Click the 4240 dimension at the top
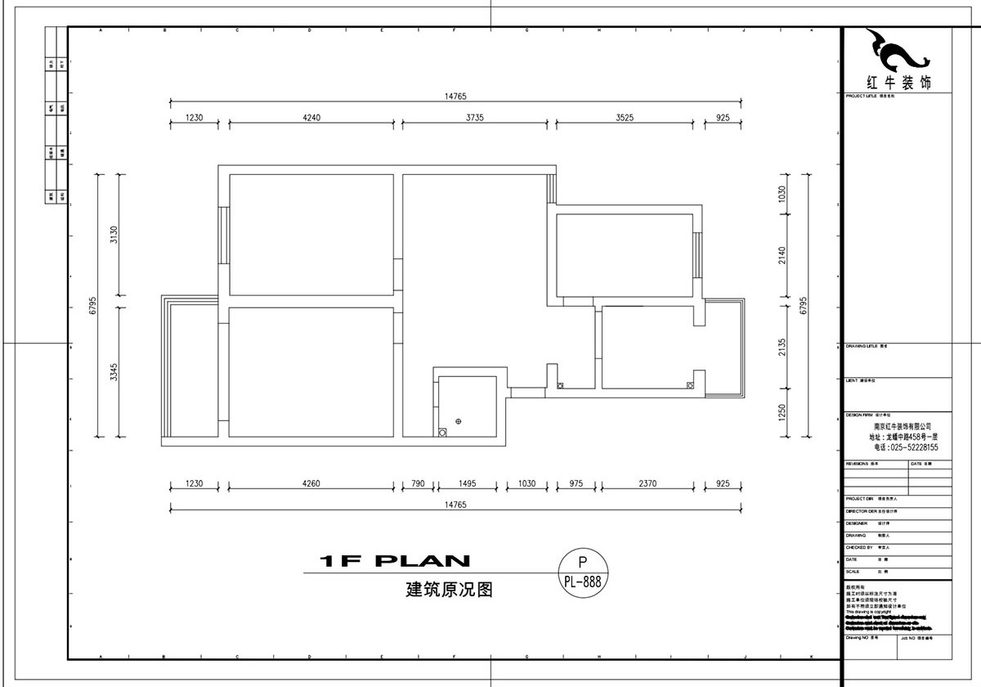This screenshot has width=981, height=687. [311, 117]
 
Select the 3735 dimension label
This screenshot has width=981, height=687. [475, 117]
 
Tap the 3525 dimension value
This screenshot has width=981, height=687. [625, 117]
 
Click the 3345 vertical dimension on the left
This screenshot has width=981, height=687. [115, 372]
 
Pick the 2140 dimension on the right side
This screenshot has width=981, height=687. [782, 255]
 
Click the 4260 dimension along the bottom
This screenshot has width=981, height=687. [311, 483]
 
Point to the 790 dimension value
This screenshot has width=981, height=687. [418, 483]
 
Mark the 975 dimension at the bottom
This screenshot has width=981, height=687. [576, 483]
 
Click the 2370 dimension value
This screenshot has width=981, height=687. [647, 483]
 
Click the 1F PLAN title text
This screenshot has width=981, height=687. [395, 561]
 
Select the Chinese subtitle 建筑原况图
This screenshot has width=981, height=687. [450, 589]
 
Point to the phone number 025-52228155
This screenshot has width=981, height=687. [906, 447]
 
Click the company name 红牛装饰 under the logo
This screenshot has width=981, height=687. [897, 83]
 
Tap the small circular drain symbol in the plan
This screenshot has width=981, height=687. [459, 421]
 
